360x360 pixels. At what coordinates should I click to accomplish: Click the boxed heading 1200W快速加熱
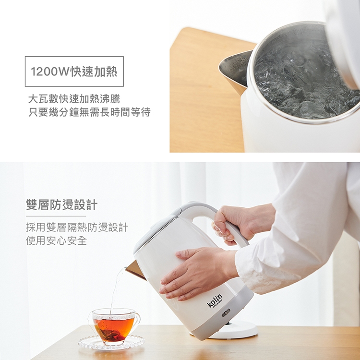point(74,72)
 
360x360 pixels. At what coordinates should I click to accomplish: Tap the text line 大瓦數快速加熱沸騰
point(74,99)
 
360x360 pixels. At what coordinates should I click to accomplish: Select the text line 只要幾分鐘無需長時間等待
point(89,112)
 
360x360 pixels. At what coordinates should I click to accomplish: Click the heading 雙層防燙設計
point(61,204)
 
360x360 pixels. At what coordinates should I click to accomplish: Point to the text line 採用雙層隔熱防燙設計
point(77,228)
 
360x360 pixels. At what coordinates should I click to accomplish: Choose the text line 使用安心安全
point(56,240)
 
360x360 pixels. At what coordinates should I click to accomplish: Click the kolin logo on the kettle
point(215,300)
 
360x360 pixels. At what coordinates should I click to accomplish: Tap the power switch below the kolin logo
point(226,312)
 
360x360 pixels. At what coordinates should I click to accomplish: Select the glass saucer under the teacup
point(111,342)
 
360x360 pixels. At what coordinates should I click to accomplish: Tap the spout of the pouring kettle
point(135,270)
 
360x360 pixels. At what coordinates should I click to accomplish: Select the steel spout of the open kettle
point(234,71)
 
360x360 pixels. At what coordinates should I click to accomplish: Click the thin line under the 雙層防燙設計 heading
point(56,216)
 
